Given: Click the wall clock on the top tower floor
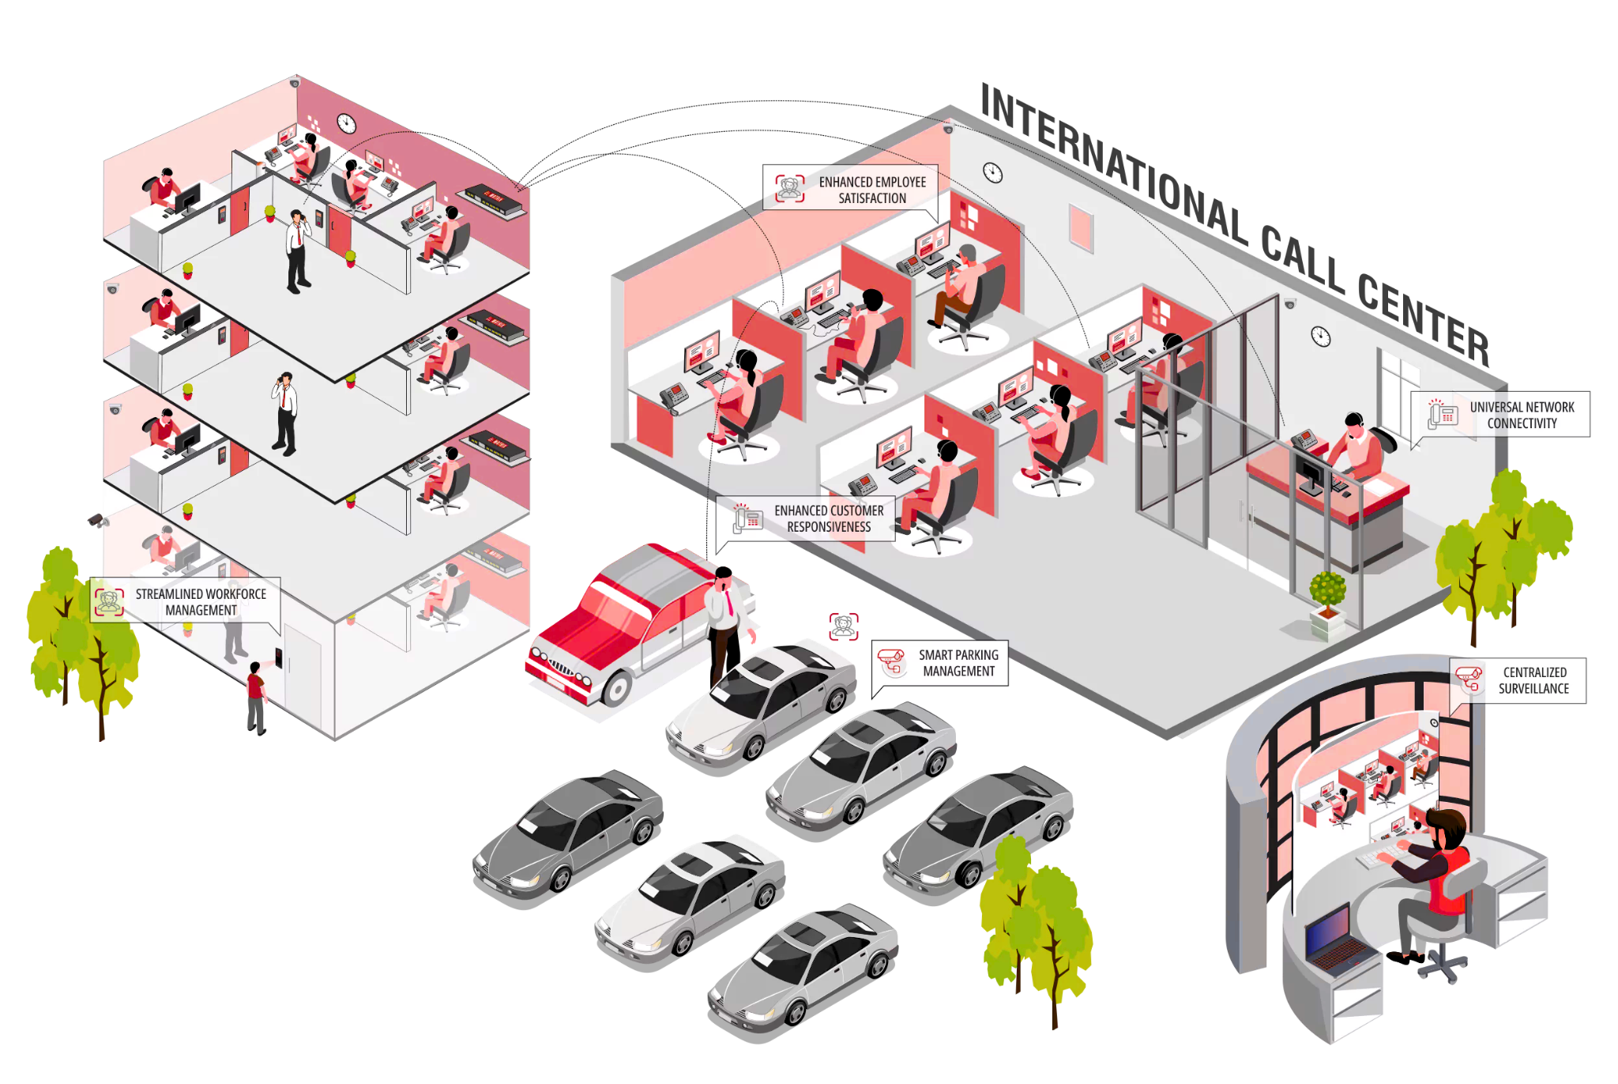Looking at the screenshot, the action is tap(346, 123).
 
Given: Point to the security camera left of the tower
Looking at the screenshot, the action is tap(97, 520).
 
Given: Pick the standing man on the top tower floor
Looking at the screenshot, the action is tap(297, 251).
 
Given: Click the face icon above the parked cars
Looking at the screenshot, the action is tap(844, 626).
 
